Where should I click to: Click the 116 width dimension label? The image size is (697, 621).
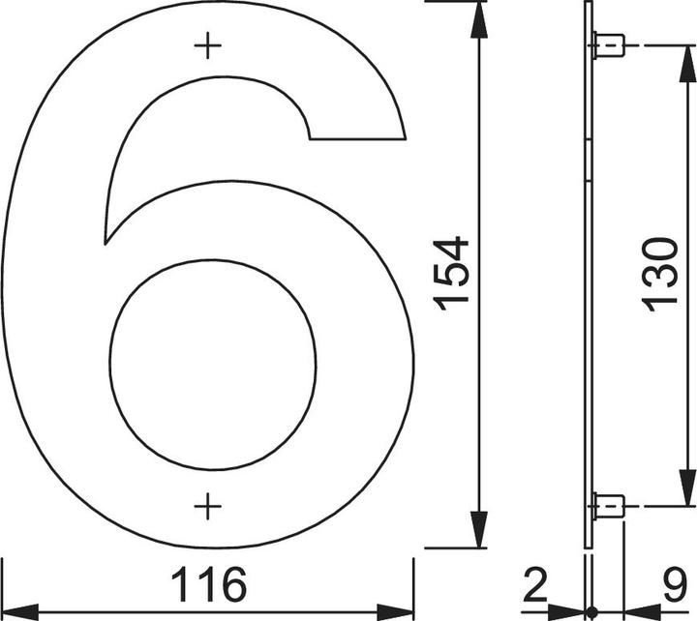tap(208, 584)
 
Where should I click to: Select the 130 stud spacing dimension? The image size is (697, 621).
tap(660, 275)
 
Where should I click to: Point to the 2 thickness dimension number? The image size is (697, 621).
tap(534, 584)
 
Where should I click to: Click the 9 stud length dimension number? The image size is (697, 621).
tap(676, 584)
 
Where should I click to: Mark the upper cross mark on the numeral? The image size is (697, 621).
tap(207, 45)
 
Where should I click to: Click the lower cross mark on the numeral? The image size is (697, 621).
tap(207, 506)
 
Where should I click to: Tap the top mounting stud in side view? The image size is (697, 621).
tap(609, 45)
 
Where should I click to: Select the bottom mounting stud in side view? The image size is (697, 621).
tap(609, 506)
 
